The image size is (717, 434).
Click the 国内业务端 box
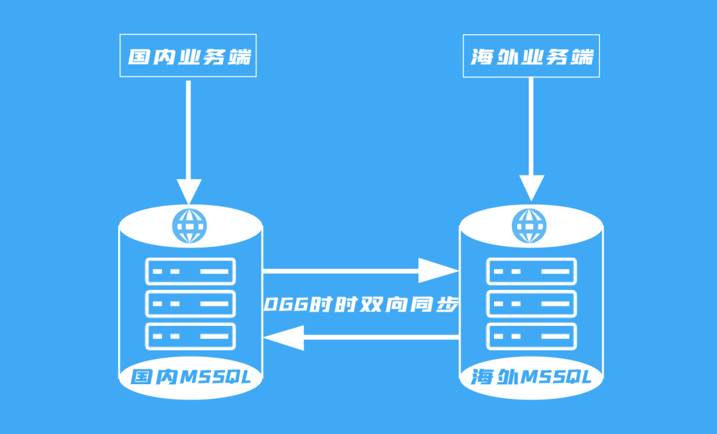[189, 57]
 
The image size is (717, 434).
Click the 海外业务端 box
[531, 57]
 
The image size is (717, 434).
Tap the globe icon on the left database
[189, 226]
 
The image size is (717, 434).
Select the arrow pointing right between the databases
[358, 271]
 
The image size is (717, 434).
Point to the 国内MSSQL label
[191, 378]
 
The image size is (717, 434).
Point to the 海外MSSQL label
[531, 378]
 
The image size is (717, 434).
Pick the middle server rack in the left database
[191, 304]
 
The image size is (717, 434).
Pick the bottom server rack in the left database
[191, 336]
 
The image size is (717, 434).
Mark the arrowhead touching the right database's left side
[440, 271]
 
